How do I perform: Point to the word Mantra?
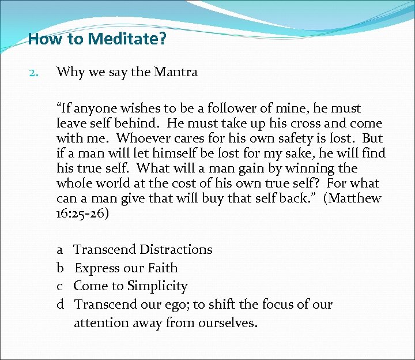point(177,72)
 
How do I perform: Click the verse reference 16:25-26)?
point(84,213)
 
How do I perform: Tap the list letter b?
point(60,268)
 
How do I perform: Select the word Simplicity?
point(157,287)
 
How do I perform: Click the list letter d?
point(60,305)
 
